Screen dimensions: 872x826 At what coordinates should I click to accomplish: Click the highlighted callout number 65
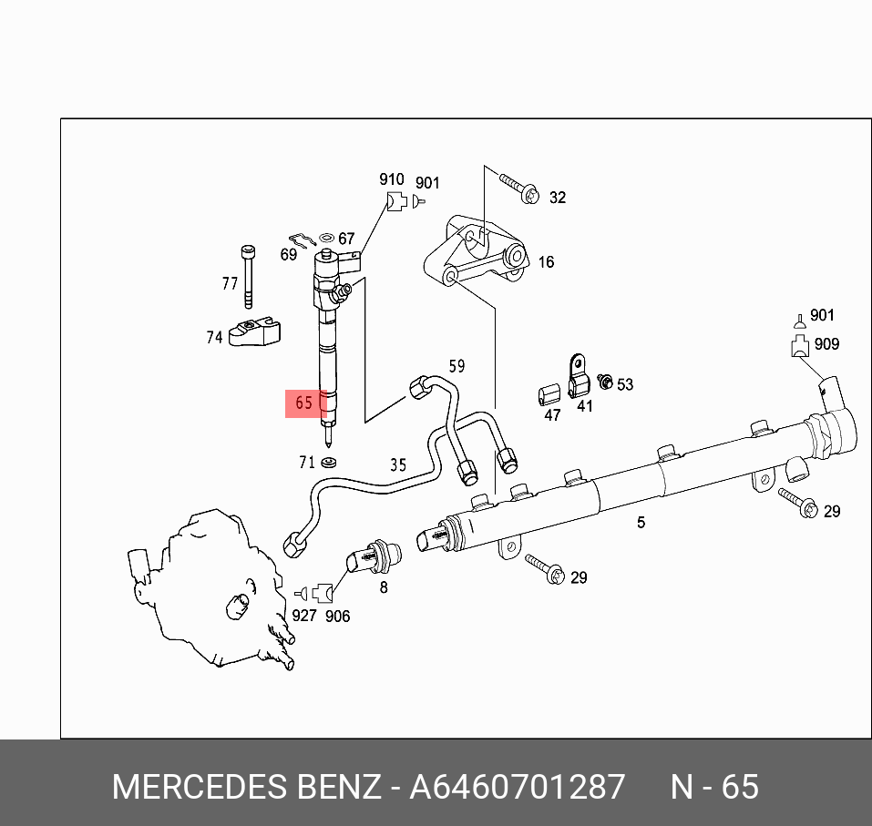tap(304, 403)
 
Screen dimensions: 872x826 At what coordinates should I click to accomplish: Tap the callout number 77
tap(230, 284)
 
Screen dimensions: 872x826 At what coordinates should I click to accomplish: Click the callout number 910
tap(392, 180)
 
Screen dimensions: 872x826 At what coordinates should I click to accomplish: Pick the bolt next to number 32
tap(520, 189)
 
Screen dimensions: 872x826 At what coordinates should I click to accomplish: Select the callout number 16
tap(546, 262)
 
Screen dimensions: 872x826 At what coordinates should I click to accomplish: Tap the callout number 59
tap(457, 366)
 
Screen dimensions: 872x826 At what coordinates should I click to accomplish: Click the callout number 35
tap(398, 465)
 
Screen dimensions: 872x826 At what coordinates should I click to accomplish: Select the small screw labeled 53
tap(603, 381)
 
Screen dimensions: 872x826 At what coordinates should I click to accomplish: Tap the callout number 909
tap(827, 344)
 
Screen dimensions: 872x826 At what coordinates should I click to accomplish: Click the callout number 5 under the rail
tap(641, 522)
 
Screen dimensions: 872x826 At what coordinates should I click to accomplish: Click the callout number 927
tap(303, 616)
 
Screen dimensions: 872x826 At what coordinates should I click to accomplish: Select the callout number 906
tap(337, 616)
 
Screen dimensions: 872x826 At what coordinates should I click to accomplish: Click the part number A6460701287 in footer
tap(518, 787)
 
